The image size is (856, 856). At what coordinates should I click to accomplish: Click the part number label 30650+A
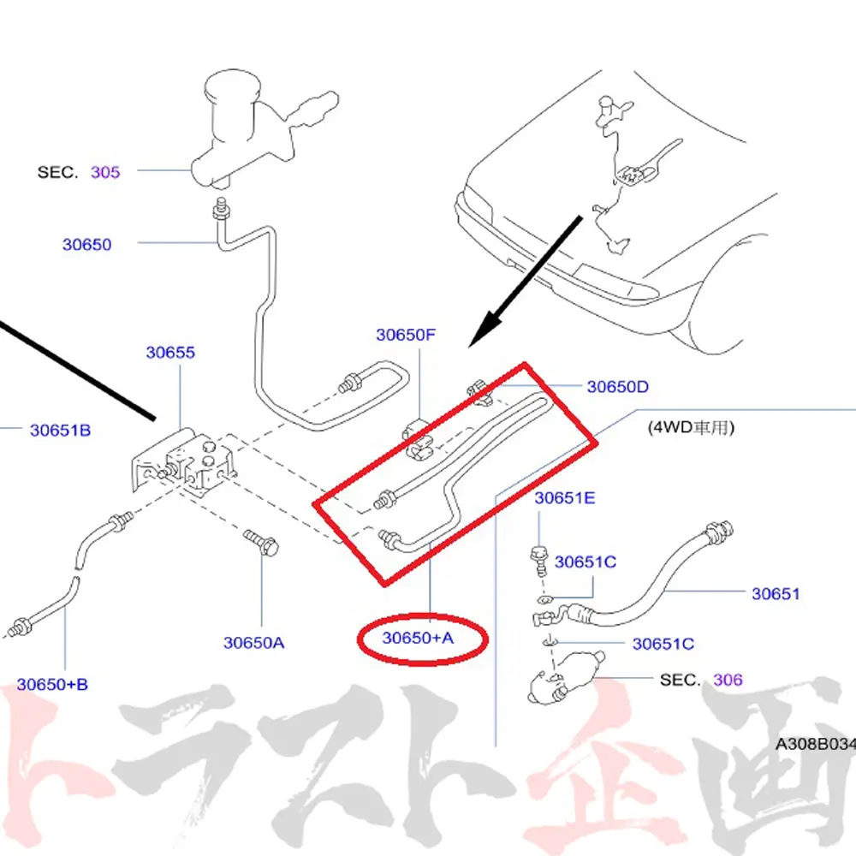pos(418,638)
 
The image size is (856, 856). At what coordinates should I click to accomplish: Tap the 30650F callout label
pos(406,335)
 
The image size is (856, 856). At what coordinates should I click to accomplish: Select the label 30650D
pos(617,387)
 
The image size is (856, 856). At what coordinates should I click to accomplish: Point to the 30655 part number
pos(170,352)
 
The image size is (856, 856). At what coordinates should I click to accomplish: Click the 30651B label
pos(60,431)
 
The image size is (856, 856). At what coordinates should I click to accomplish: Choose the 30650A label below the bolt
pos(254,643)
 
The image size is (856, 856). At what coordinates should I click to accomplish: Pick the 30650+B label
pos(52,684)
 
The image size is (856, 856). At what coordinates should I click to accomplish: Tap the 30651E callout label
pos(564,498)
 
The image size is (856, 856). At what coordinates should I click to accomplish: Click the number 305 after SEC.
pos(104,172)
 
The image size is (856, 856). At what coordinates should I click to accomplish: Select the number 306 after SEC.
pos(728,680)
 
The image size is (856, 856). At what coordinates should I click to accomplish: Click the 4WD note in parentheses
pos(691,427)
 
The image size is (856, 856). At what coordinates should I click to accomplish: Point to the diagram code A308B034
pos(816,744)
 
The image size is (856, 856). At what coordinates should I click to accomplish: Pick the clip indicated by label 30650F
pos(419,439)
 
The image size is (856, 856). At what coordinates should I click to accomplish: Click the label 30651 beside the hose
pos(776,593)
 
